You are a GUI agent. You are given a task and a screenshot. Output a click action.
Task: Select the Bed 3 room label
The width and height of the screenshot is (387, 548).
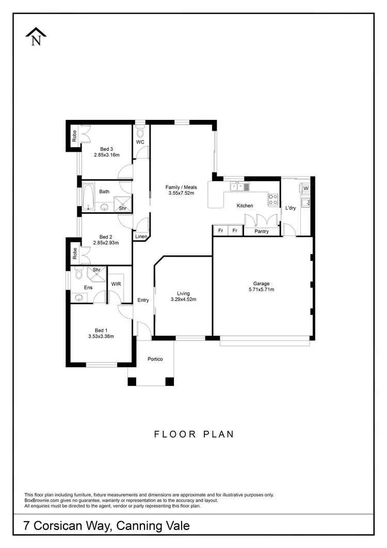point(107,149)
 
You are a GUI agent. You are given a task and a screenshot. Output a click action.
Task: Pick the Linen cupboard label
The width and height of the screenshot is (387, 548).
point(140,237)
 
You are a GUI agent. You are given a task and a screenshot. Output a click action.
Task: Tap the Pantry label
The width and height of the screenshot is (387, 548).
point(262,231)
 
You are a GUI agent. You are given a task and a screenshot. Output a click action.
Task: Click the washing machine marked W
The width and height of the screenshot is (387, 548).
point(305,188)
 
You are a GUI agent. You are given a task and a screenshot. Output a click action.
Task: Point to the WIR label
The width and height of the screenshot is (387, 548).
point(116,284)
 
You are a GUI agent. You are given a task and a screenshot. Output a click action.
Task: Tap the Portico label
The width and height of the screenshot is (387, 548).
point(155,359)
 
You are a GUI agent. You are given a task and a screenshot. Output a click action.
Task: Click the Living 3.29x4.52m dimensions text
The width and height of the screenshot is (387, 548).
point(183,299)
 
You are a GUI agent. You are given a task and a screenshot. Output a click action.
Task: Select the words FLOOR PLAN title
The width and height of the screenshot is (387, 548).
point(194,434)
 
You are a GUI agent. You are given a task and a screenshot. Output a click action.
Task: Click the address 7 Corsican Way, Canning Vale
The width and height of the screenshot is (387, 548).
point(107,526)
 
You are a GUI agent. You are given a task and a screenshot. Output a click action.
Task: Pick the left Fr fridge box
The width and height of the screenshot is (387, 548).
point(220,231)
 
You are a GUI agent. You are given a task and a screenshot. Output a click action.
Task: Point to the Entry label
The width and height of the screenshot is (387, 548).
point(143,300)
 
